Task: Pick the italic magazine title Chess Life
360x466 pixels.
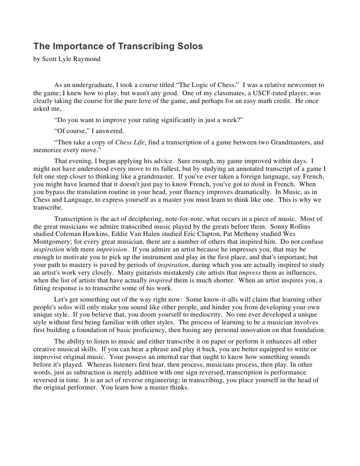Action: point(130,143)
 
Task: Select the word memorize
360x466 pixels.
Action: point(47,150)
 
